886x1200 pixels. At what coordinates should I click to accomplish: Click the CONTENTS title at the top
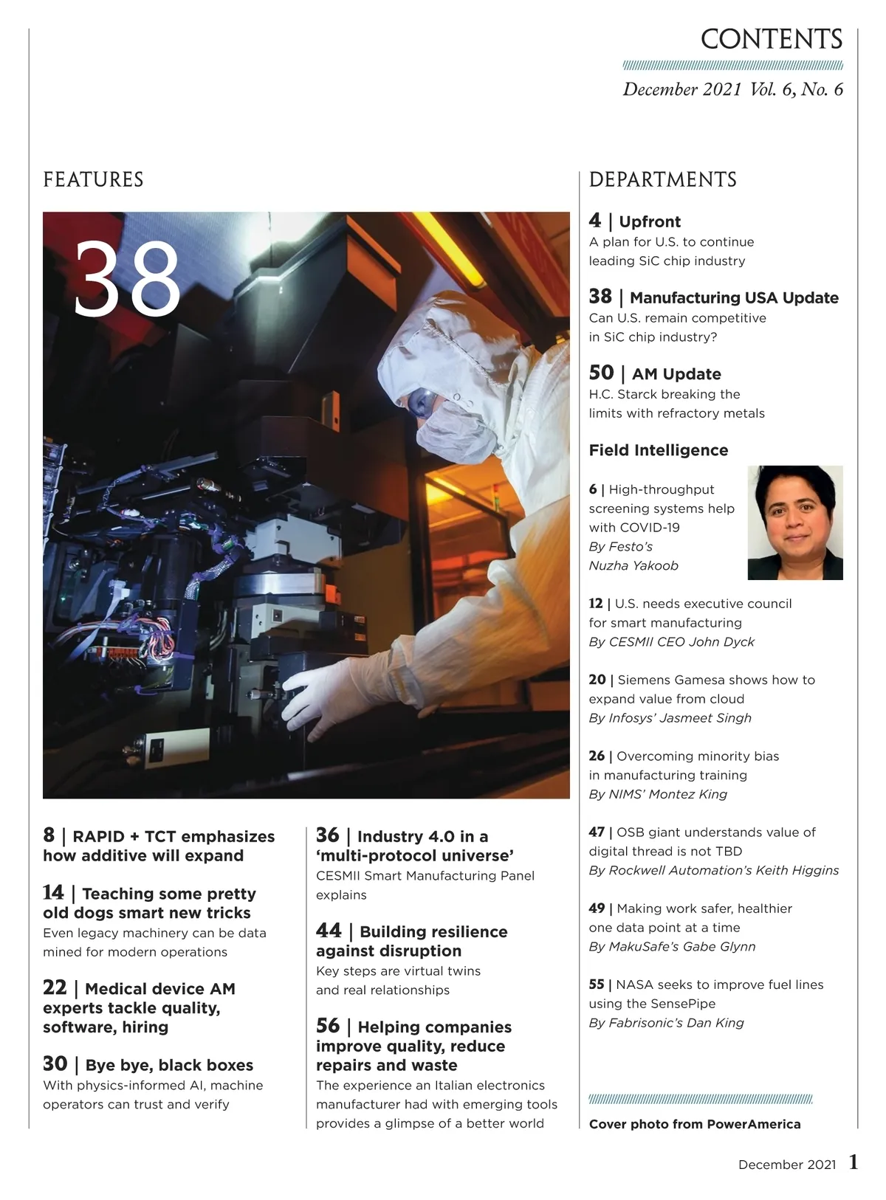tap(771, 39)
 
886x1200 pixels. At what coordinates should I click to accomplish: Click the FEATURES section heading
tap(93, 180)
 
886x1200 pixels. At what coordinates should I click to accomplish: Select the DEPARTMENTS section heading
tap(662, 180)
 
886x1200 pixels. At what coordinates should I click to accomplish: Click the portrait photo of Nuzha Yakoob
tap(795, 522)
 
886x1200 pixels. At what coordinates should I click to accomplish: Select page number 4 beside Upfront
tap(595, 221)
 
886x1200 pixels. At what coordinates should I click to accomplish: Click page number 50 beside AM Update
tap(601, 373)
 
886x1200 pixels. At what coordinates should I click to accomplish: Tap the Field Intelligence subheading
tap(658, 450)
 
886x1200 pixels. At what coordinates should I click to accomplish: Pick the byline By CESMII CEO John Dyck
tap(671, 642)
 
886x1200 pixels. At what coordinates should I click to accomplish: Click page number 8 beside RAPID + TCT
tap(49, 835)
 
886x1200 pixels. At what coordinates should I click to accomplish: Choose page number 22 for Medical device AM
tap(55, 987)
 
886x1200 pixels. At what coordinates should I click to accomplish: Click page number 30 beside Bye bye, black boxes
tap(55, 1063)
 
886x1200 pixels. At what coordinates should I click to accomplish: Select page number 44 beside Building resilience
tap(329, 931)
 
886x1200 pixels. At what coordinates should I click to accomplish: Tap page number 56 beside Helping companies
tap(329, 1026)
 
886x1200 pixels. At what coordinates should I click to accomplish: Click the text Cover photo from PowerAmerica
tap(694, 1125)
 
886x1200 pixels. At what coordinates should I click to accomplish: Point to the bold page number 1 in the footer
tap(854, 1163)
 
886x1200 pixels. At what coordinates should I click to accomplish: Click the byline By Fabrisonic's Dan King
tap(666, 1023)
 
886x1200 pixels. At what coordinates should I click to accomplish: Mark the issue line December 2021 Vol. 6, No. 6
tap(732, 90)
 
